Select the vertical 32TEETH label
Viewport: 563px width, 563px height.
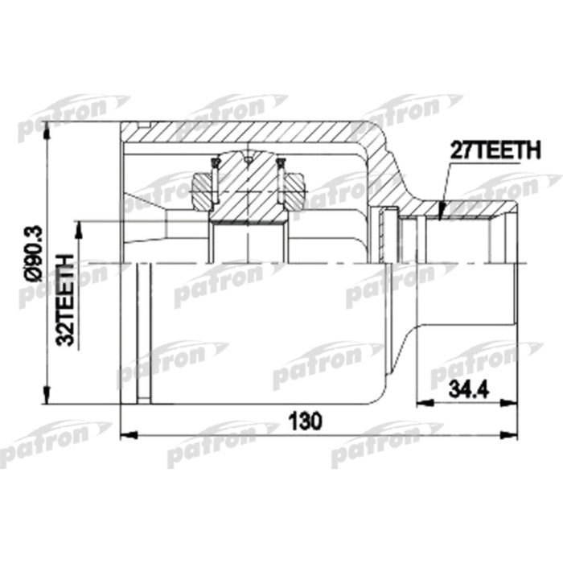[x=68, y=299]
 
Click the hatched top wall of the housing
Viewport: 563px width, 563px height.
[x=241, y=134]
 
